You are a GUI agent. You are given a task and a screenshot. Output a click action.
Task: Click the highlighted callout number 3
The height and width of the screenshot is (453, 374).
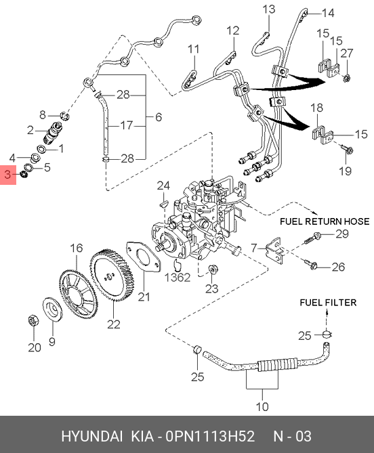[x=7, y=175]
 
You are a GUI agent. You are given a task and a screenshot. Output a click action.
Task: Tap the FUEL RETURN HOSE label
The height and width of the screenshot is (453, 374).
[x=325, y=221]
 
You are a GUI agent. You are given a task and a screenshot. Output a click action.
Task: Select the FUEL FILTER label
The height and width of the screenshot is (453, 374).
[x=328, y=303]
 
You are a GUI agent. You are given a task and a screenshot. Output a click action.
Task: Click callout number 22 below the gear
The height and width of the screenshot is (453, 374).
[x=114, y=324]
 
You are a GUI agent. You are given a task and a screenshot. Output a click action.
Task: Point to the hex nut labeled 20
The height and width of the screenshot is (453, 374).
[x=33, y=321]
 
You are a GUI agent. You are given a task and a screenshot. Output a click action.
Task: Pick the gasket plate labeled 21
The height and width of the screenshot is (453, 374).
[x=144, y=257]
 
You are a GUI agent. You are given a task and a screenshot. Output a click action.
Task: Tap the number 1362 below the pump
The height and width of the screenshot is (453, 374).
[x=178, y=278]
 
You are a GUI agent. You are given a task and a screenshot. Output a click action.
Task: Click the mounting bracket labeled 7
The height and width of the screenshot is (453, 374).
[x=274, y=249]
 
